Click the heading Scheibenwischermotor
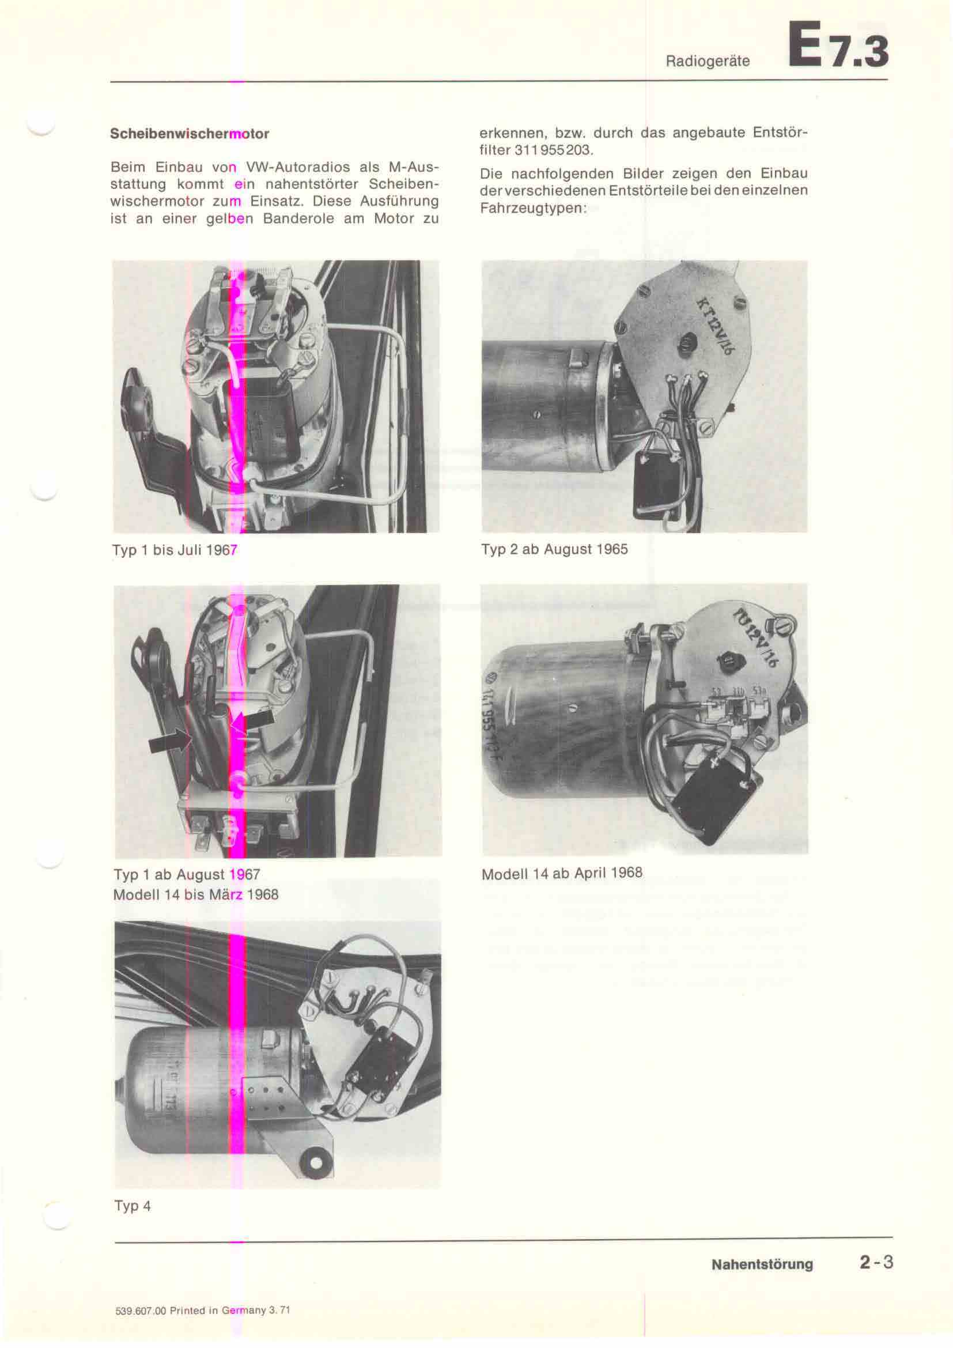click(190, 134)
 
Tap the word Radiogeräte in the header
click(708, 61)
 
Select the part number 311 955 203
click(553, 150)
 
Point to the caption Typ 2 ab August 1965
click(554, 550)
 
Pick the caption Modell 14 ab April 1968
click(562, 874)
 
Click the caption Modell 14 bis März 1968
click(195, 895)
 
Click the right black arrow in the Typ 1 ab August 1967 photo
click(253, 722)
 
